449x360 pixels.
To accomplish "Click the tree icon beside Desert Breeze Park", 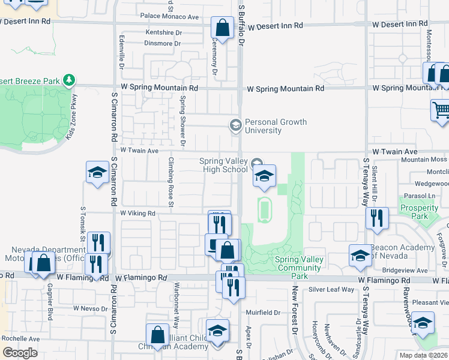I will [x=70, y=80].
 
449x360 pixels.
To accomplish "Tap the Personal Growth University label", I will [x=276, y=126].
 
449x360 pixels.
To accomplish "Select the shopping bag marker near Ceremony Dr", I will [x=222, y=28].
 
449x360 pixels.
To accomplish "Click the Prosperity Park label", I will [x=419, y=212].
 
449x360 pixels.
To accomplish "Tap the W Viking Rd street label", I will [x=138, y=213].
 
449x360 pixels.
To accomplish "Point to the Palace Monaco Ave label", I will [x=169, y=16].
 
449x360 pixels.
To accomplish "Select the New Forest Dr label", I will [x=295, y=310].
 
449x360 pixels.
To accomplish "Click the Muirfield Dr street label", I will [x=263, y=313].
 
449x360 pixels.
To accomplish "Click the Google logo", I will [x=20, y=352].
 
